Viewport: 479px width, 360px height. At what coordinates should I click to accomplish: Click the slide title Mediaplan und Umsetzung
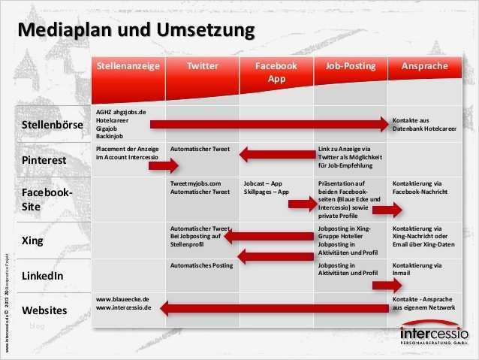coord(136,31)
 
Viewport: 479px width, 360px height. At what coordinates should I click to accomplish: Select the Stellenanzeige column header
coord(128,66)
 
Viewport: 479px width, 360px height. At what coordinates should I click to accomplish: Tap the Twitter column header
coord(202,66)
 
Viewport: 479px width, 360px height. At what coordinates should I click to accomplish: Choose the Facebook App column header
coord(276,72)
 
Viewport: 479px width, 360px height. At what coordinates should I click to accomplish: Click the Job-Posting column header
coord(350,66)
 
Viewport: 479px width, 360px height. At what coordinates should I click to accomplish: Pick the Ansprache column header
coord(424,66)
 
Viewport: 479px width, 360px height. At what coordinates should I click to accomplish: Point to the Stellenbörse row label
coord(53,125)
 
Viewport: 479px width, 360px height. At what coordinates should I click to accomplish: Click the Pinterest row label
coord(44,160)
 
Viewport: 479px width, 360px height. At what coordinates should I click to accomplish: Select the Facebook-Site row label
coord(47,199)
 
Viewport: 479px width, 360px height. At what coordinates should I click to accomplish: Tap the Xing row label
coord(32,241)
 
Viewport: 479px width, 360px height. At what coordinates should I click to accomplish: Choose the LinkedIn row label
coord(42,276)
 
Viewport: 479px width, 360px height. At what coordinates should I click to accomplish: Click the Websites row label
coord(44,310)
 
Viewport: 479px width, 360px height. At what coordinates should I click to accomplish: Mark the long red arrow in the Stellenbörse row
coord(270,123)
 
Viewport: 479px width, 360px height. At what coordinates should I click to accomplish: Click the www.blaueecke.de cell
coord(124,303)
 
